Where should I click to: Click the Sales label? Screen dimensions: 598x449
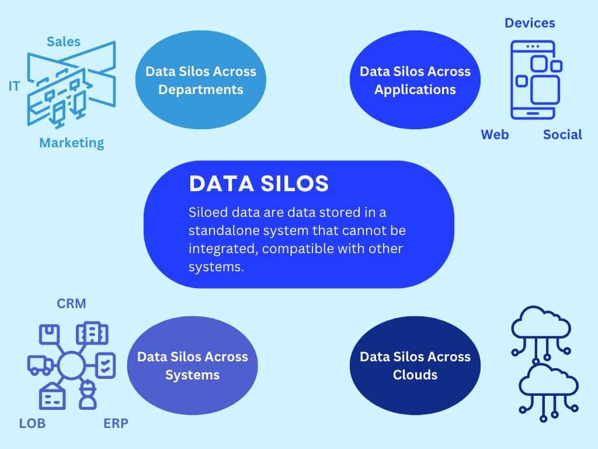[x=64, y=42]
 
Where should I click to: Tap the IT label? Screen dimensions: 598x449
[x=14, y=87]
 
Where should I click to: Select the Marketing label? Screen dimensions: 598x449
[x=72, y=143]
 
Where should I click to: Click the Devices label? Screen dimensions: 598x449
[x=530, y=23]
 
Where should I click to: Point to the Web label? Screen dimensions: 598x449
[x=495, y=134]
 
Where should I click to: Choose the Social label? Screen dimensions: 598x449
[x=562, y=134]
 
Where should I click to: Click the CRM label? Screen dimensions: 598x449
[x=71, y=303]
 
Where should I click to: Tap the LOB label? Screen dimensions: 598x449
[x=33, y=423]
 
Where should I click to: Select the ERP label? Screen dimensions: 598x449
[x=116, y=423]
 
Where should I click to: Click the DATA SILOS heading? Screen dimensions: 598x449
[x=259, y=183]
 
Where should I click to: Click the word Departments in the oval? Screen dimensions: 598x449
[x=201, y=89]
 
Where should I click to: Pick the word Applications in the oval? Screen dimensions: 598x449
[x=415, y=89]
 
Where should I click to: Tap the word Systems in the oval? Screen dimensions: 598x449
[x=193, y=375]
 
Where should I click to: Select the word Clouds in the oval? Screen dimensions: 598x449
[x=415, y=375]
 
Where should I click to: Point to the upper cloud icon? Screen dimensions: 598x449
[x=541, y=332]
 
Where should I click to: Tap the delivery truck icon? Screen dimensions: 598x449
[x=40, y=365]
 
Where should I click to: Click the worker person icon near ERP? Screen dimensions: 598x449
[x=88, y=395]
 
